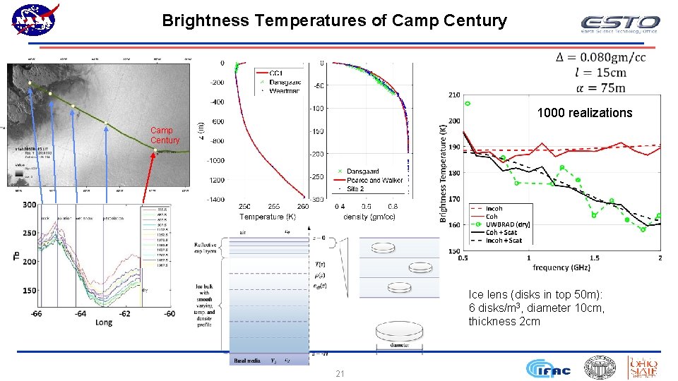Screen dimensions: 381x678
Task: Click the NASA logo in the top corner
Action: coord(35,19)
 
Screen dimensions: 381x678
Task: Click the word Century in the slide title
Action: coord(475,20)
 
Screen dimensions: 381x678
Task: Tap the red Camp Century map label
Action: coord(165,135)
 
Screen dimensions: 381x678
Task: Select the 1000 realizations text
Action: coord(585,113)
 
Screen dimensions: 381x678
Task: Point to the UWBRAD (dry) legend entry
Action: coord(509,224)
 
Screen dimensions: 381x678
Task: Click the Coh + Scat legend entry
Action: coord(501,232)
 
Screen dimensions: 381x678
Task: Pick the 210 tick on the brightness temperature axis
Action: coord(453,95)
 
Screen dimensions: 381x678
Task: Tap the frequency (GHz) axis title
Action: coord(561,268)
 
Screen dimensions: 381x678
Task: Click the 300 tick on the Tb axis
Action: coord(28,205)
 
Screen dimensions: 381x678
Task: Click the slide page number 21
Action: coord(340,373)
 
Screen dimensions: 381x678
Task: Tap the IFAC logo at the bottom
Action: coord(547,368)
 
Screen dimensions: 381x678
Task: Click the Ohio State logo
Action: coord(643,368)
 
